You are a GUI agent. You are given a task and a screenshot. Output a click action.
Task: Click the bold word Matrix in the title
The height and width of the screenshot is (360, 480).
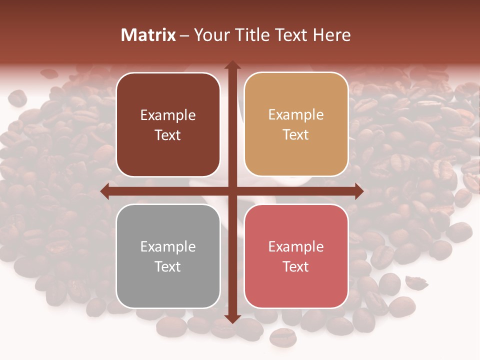[x=148, y=35]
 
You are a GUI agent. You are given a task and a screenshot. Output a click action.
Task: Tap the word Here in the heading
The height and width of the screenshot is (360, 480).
[x=331, y=35]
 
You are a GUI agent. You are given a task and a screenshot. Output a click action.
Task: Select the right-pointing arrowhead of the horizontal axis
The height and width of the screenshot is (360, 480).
[x=358, y=191]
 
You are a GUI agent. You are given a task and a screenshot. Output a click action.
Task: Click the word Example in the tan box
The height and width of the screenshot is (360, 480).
[x=296, y=115]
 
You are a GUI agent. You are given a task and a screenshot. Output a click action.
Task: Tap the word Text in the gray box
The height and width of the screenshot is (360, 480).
[x=168, y=266]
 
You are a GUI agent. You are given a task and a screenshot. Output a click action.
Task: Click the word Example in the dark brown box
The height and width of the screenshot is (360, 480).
[x=168, y=115]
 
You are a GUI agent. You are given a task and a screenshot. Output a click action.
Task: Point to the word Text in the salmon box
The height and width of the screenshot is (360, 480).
[x=296, y=266]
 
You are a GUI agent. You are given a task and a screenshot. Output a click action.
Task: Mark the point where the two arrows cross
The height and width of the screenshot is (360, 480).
[x=232, y=191]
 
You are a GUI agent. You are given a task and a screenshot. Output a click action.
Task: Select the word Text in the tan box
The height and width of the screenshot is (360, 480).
[x=296, y=135]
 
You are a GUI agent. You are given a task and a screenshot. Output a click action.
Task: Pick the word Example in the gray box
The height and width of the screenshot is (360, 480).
[x=168, y=247]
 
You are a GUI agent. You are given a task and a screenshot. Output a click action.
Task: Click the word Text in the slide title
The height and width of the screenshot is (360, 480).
[x=290, y=35]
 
